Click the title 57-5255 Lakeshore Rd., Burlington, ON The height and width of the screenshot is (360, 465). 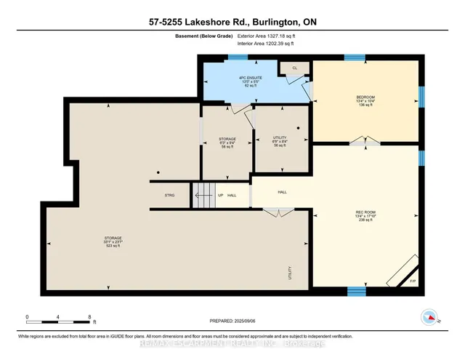[232, 23]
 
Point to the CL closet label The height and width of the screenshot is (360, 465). [294, 68]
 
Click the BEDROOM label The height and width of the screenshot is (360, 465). [365, 100]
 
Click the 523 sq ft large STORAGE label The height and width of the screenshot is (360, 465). [113, 241]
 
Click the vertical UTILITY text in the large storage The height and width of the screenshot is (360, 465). [289, 273]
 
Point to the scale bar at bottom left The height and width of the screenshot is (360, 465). [58, 319]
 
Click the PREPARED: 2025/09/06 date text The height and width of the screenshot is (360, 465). [232, 320]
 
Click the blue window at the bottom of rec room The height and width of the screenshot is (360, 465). [355, 292]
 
